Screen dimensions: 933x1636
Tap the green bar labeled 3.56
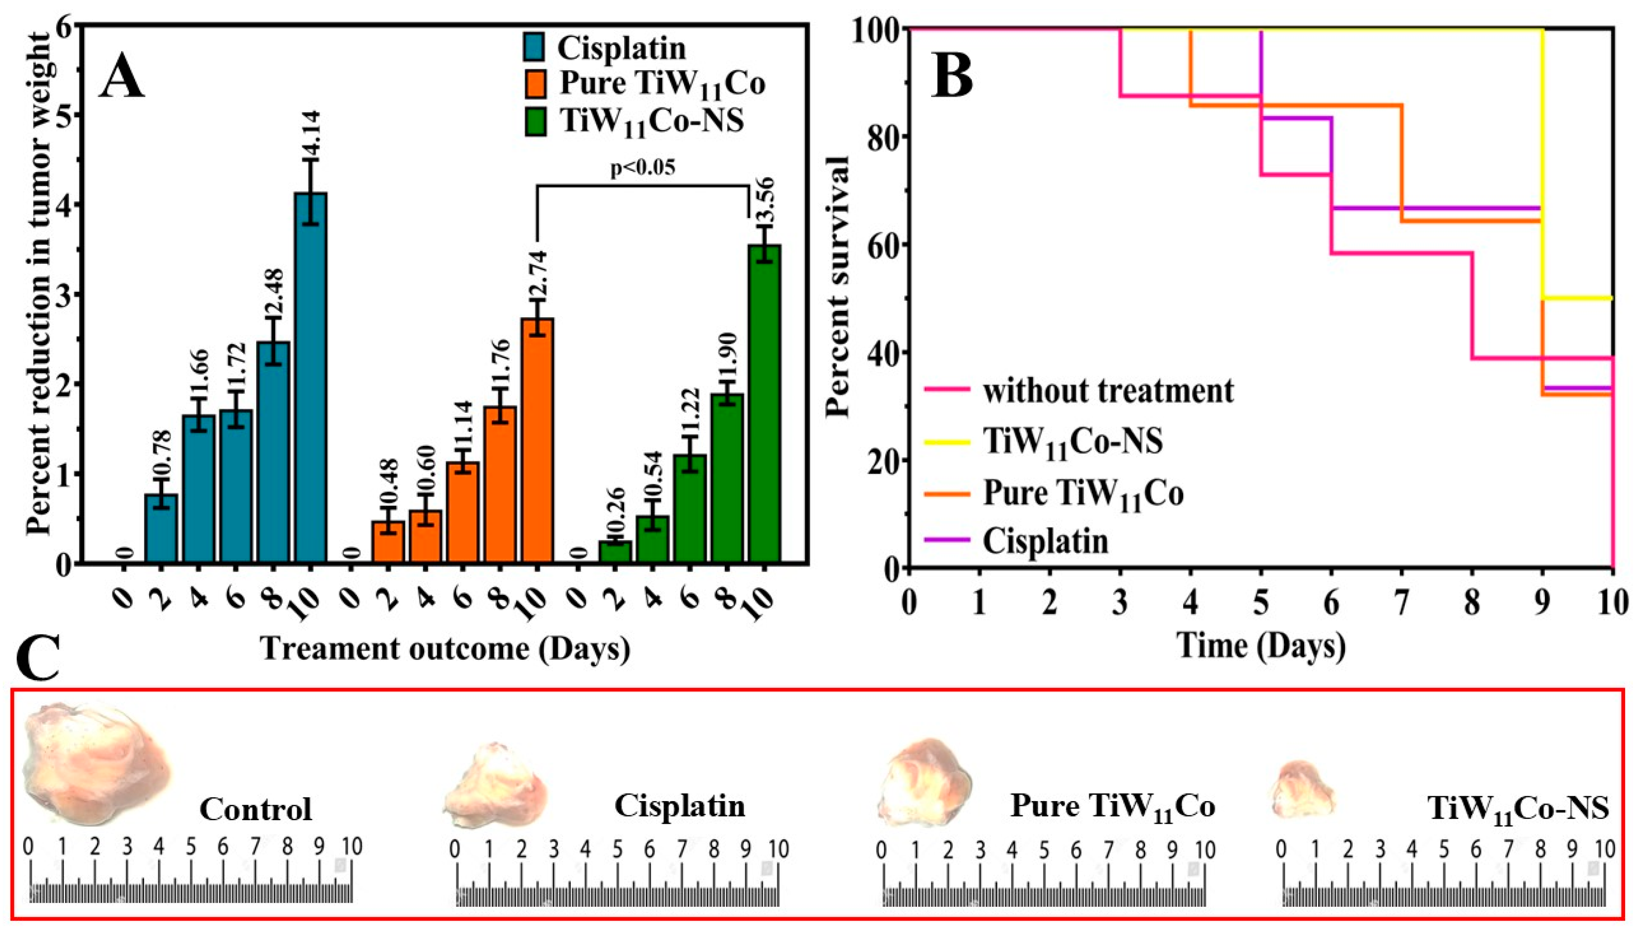764,404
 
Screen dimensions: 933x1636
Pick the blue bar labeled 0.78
161,529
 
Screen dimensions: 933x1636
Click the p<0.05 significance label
642,168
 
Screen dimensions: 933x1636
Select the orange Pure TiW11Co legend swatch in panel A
534,84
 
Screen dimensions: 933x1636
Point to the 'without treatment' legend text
1108,390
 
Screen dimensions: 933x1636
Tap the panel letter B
952,77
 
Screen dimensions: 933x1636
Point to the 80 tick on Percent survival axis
884,136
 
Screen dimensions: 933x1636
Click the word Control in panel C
255,809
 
